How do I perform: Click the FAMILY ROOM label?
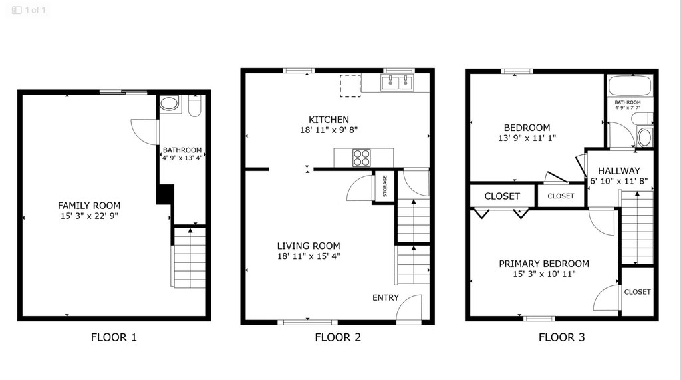pos(89,205)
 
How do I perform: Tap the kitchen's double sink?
pos(397,82)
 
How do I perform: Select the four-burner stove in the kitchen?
pos(361,158)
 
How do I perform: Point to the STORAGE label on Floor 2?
pos(385,186)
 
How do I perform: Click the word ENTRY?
pos(385,298)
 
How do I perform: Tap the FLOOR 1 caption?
pos(114,337)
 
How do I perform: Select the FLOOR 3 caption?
pos(561,337)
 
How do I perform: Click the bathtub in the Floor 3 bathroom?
pos(630,86)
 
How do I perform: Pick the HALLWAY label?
pos(619,171)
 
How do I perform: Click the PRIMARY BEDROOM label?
pos(544,264)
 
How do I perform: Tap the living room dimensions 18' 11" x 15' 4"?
pos(309,256)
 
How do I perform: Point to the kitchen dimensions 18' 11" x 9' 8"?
pos(329,130)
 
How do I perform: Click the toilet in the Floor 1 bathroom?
pos(195,106)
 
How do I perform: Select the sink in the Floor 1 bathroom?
pos(169,103)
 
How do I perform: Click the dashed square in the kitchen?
pos(350,86)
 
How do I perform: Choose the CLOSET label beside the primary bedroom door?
pos(637,292)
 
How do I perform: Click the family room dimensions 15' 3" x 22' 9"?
pos(89,216)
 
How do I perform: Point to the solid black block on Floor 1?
pos(165,194)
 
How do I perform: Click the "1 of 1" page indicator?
pos(35,10)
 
